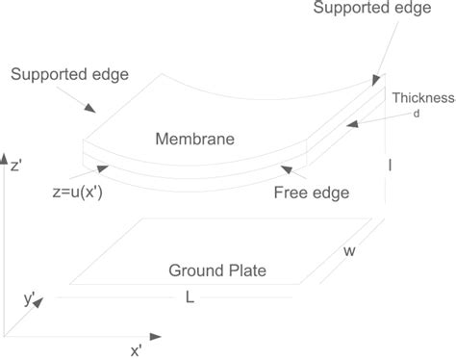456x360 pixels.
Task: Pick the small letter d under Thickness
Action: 417,116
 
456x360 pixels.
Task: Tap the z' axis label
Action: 17,165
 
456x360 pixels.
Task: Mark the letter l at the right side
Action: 390,166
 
